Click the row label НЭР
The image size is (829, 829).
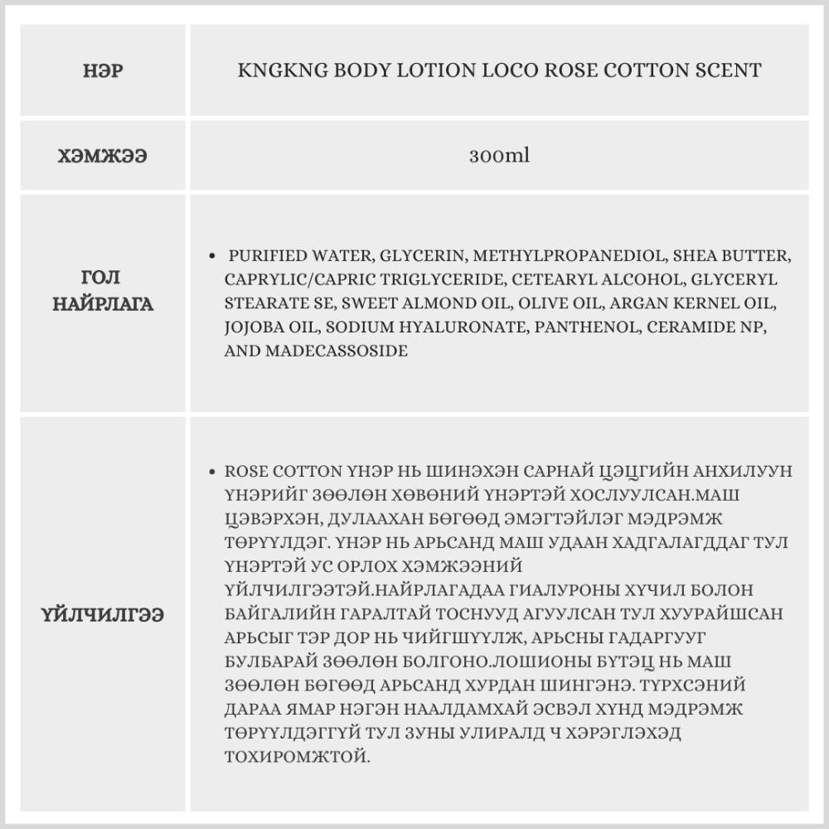[x=104, y=71]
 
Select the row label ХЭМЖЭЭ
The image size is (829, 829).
[x=104, y=156]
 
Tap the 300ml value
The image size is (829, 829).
[x=499, y=156]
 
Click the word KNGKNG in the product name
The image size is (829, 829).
[x=283, y=70]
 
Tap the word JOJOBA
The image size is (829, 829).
[x=255, y=327]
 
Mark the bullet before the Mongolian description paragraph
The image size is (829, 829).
[x=214, y=471]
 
